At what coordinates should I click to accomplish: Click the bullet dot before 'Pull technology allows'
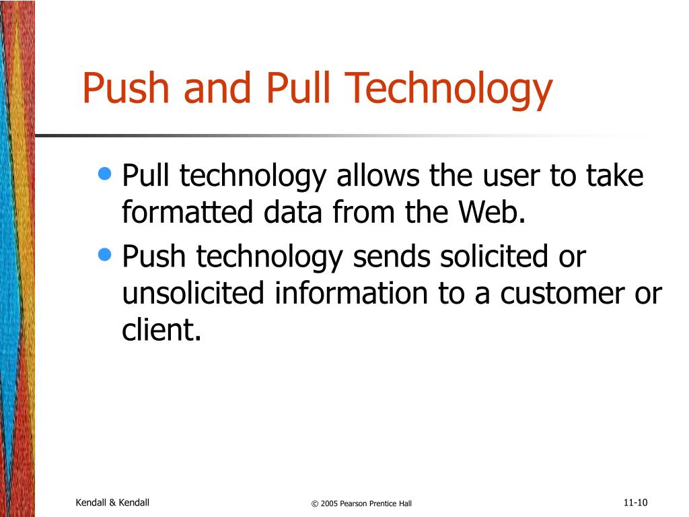104,174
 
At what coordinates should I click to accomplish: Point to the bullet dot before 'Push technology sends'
104,254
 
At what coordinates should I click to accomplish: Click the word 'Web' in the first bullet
488,212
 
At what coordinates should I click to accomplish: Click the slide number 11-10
634,502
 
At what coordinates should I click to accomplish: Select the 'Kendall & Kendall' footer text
112,502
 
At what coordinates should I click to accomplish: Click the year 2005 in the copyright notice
329,504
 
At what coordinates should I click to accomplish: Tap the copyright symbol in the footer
314,504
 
